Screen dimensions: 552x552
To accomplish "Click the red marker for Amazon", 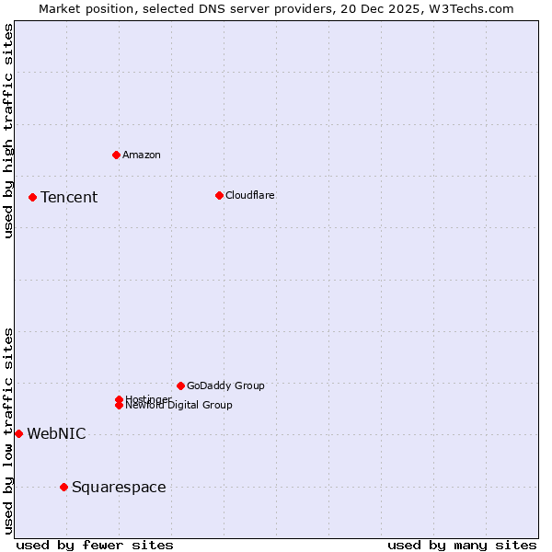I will pyautogui.click(x=116, y=155).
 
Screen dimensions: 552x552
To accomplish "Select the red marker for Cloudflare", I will pyautogui.click(x=219, y=195).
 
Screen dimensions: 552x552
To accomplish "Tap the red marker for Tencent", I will pyautogui.click(x=32, y=197).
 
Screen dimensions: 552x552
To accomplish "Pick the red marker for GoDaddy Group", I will pyautogui.click(x=180, y=385).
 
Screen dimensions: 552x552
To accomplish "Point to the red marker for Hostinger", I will pyautogui.click(x=119, y=399).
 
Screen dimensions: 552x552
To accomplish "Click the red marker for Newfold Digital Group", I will pyautogui.click(x=120, y=406).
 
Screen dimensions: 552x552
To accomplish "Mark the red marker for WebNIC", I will pyautogui.click(x=18, y=433).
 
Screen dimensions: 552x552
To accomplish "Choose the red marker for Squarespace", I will pyautogui.click(x=63, y=487).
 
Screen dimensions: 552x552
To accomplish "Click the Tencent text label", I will pyautogui.click(x=69, y=198).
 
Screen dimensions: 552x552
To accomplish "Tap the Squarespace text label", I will pyautogui.click(x=119, y=488).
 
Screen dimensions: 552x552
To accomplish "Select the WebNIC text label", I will pyautogui.click(x=56, y=434).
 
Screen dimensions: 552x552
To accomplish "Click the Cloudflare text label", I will pyautogui.click(x=250, y=196).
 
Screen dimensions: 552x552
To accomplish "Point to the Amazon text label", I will pyautogui.click(x=142, y=155).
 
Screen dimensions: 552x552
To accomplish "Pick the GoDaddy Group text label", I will pyautogui.click(x=225, y=386).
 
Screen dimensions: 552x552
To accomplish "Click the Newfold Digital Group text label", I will pyautogui.click(x=179, y=406).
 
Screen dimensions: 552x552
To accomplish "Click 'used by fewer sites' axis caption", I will pyautogui.click(x=95, y=545).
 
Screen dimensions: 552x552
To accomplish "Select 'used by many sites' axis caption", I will pyautogui.click(x=462, y=545).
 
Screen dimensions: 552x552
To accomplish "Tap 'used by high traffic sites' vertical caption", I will pyautogui.click(x=8, y=131).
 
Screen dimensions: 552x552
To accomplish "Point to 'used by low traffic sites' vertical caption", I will pyautogui.click(x=8, y=431).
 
